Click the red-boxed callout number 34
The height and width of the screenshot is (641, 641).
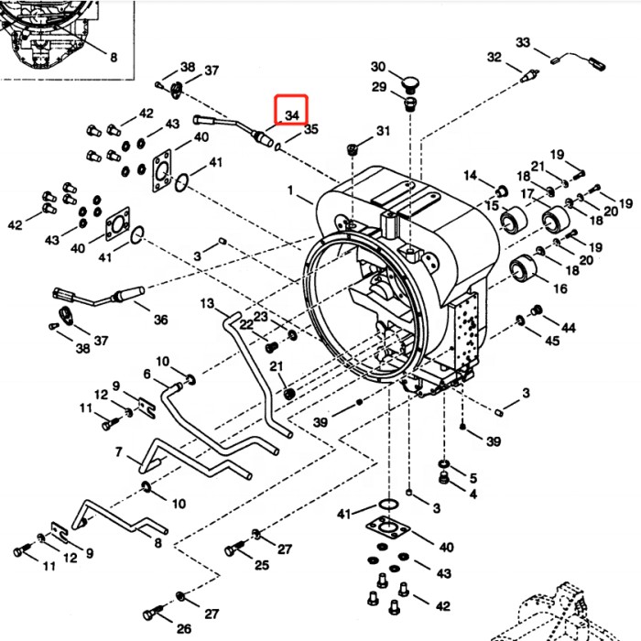[x=293, y=114]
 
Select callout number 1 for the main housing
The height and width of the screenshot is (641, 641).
[x=291, y=192]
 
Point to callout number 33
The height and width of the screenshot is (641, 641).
[x=523, y=43]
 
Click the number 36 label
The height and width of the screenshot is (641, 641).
[x=160, y=320]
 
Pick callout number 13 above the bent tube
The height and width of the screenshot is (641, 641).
[x=207, y=303]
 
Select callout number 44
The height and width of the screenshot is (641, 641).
[x=569, y=327]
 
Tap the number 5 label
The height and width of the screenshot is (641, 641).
[x=473, y=477]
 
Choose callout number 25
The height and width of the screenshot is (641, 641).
[x=262, y=565]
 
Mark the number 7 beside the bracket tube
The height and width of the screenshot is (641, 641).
[x=119, y=452]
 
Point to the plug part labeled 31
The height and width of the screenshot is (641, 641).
[x=353, y=148]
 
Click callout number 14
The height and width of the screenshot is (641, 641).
[x=471, y=175]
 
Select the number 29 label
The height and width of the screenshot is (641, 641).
[x=379, y=87]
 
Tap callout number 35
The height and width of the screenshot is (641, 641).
[x=310, y=130]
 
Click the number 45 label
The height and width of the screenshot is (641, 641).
[x=552, y=342]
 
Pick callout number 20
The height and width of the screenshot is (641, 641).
[x=586, y=259]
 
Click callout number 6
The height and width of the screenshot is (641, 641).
[x=147, y=373]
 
